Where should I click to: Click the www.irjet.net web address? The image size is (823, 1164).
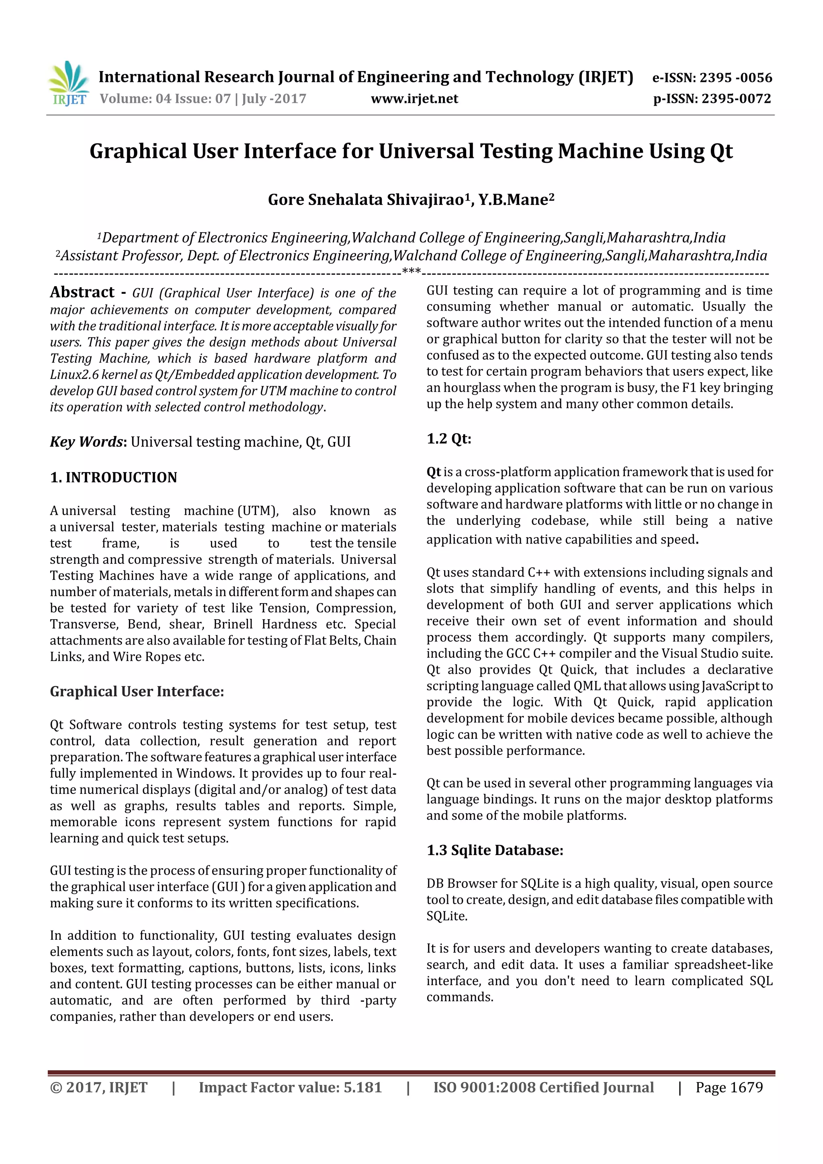point(414,99)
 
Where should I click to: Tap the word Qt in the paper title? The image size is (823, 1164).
point(721,151)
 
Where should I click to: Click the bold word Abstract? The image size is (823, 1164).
point(82,292)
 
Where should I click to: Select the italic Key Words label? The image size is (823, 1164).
point(86,442)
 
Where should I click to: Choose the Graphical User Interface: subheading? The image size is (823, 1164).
point(137,691)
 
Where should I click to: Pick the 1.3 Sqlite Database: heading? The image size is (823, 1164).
point(495,850)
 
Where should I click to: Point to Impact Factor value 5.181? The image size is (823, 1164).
point(290,1087)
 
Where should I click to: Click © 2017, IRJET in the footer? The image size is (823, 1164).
point(99,1087)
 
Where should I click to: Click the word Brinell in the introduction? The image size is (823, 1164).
point(233,624)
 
